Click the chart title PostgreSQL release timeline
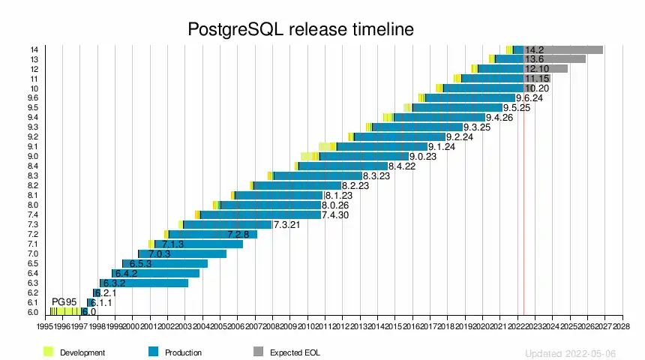point(300,29)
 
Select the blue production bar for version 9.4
point(439,117)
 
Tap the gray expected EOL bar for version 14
point(574,49)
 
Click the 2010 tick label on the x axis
point(307,327)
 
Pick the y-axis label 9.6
point(33,97)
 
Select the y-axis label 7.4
point(33,214)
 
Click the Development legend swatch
point(49,352)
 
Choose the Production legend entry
point(183,352)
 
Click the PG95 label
point(64,301)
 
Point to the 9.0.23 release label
point(423,157)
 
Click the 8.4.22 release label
point(402,166)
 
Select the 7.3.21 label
point(287,225)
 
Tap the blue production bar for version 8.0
point(270,205)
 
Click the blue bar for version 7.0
point(184,253)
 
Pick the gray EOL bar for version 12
point(556,69)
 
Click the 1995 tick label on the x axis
point(44,327)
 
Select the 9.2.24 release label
point(460,137)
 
